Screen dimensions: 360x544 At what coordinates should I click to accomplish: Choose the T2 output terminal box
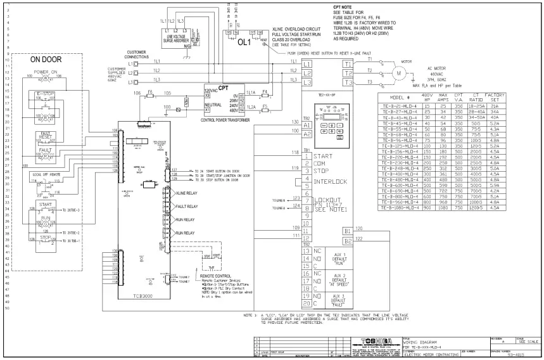[346, 73]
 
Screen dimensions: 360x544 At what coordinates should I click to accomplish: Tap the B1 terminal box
[346, 231]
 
